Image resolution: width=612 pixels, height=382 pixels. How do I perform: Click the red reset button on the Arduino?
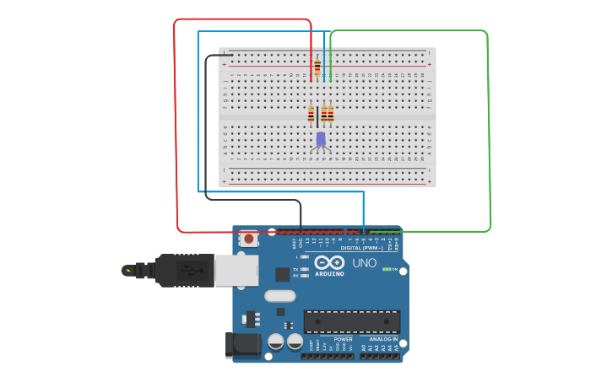point(249,239)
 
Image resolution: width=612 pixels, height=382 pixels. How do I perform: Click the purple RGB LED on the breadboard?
point(321,139)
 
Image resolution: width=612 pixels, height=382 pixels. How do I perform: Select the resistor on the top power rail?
point(317,67)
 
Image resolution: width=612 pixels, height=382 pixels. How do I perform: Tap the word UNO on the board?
point(364,263)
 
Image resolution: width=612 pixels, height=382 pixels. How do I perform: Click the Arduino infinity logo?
point(329,263)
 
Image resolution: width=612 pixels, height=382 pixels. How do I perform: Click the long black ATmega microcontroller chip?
point(352,321)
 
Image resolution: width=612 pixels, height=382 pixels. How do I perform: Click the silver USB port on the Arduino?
point(236,271)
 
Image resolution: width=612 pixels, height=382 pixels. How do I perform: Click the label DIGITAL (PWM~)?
point(361,248)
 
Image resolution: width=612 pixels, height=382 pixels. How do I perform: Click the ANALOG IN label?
point(382,339)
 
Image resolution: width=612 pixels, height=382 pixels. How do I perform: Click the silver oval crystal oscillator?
point(279,296)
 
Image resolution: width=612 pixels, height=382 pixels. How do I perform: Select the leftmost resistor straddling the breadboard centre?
point(311,114)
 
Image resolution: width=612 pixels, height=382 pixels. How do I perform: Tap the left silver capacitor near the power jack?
point(275,342)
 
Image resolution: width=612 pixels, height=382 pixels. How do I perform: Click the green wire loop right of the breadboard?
point(489,126)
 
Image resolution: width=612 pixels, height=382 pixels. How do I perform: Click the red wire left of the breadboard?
point(175,126)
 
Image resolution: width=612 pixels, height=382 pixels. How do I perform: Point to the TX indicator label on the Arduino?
point(295,270)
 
